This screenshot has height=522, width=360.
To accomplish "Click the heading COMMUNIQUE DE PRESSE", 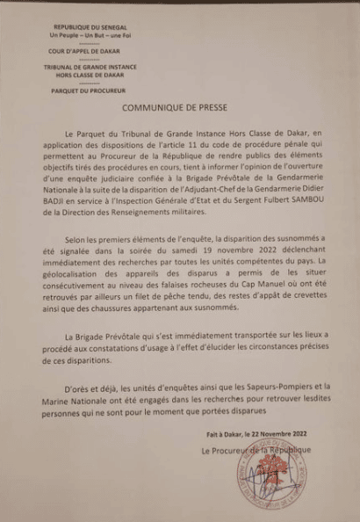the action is pyautogui.click(x=180, y=112).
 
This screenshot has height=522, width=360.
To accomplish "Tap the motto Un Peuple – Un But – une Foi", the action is pyautogui.click(x=90, y=36).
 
